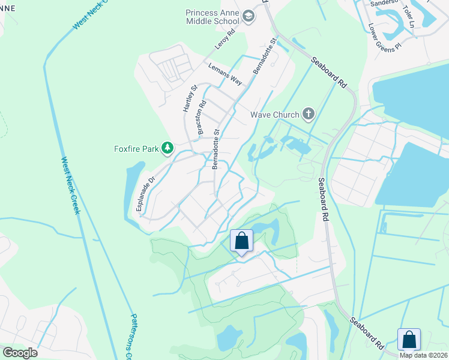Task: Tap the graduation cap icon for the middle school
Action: (x=250, y=18)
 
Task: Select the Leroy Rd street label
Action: (x=223, y=41)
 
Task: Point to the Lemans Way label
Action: (x=225, y=74)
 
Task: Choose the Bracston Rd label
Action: (x=201, y=116)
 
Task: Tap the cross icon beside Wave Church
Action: (x=308, y=113)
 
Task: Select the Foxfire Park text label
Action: (x=136, y=148)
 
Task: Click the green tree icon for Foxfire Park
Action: (x=169, y=148)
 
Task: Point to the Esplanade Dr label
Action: (x=144, y=193)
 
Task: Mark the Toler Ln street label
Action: (x=409, y=17)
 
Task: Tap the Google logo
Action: (x=20, y=352)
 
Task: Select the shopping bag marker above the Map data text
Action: (x=409, y=339)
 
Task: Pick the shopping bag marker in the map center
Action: (x=241, y=241)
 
